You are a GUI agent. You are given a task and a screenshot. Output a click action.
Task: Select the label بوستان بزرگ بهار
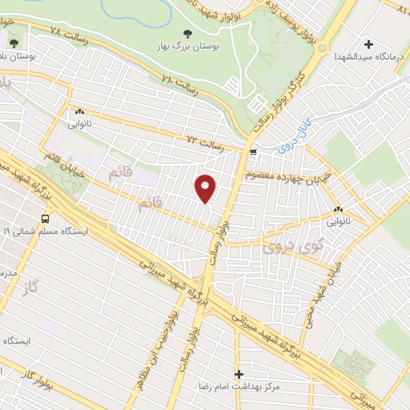tap(188, 47)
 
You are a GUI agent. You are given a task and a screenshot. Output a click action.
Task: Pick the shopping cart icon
tap(253, 151)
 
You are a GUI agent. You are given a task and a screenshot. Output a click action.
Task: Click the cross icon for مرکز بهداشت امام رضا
tap(239, 374)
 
